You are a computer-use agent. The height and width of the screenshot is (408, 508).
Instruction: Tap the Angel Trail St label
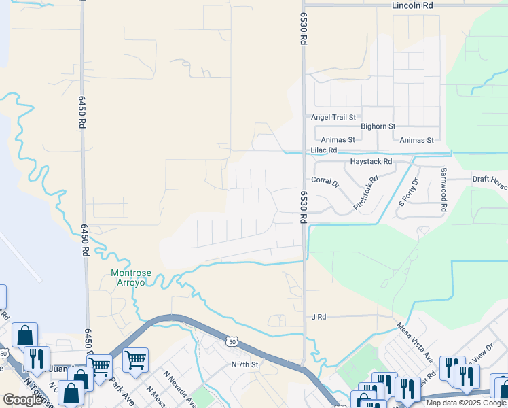pos(333,117)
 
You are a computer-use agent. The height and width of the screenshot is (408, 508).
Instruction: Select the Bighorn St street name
pos(378,126)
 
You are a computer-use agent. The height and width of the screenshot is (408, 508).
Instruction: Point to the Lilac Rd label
pos(324,150)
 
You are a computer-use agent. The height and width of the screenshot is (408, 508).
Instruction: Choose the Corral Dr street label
pos(325,181)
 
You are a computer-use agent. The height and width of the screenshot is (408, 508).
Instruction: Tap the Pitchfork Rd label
pos(365,193)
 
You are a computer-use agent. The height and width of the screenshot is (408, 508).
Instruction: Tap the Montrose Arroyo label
pos(129,278)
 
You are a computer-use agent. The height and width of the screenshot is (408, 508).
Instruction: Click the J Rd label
pos(319,317)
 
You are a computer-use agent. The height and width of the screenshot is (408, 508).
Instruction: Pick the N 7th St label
pos(245,364)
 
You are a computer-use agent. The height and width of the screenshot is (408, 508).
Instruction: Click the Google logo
pos(23,399)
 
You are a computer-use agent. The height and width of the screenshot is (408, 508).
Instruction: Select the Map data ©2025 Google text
pos(466,403)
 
